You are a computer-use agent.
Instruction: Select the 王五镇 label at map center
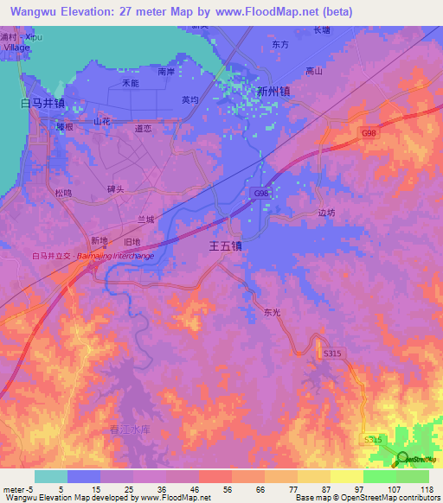pyautogui.click(x=226, y=246)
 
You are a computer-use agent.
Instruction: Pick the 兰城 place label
pyautogui.click(x=145, y=220)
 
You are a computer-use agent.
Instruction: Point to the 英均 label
pyautogui.click(x=190, y=100)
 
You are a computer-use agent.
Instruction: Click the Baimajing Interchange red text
pyautogui.click(x=115, y=257)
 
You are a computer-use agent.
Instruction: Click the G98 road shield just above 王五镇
pyautogui.click(x=261, y=194)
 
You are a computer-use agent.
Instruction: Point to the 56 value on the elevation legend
pyautogui.click(x=226, y=491)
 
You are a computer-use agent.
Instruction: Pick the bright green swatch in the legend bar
pyautogui.click(x=379, y=476)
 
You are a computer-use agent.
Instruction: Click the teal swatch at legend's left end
pyautogui.click(x=50, y=476)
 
